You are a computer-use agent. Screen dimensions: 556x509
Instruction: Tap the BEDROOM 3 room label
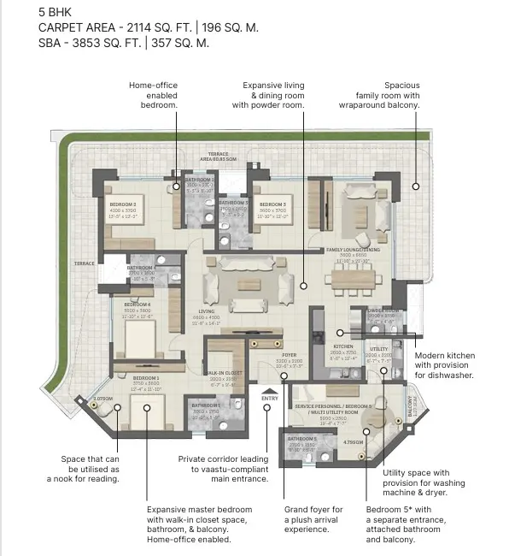pyautogui.click(x=272, y=204)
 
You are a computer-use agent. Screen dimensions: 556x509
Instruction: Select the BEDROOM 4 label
pyautogui.click(x=137, y=305)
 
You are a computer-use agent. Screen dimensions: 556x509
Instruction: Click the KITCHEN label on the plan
pyautogui.click(x=343, y=346)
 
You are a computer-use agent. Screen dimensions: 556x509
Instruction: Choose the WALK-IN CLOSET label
pyautogui.click(x=225, y=373)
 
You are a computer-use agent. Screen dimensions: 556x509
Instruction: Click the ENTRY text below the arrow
pyautogui.click(x=270, y=399)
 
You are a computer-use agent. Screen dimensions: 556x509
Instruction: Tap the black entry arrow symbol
pyautogui.click(x=270, y=391)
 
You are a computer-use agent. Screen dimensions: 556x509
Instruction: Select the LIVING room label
pyautogui.click(x=207, y=311)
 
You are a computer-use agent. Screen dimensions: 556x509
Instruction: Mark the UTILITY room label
pyautogui.click(x=378, y=349)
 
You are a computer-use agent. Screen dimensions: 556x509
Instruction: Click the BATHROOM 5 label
pyautogui.click(x=301, y=439)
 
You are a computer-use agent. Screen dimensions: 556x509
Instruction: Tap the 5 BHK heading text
pyautogui.click(x=56, y=12)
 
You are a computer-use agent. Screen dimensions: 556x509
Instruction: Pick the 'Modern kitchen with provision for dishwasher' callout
pyautogui.click(x=443, y=365)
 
